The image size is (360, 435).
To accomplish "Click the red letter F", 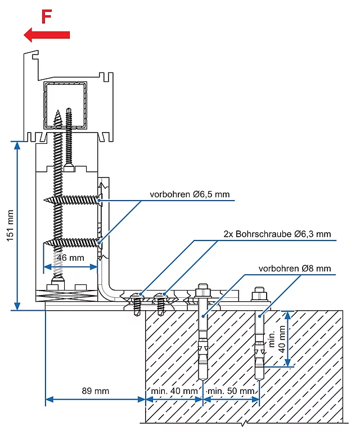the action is pyautogui.click(x=47, y=17).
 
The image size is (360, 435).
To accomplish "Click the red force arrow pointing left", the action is pyautogui.click(x=47, y=35).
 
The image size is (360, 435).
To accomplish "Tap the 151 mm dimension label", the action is pyautogui.click(x=10, y=225).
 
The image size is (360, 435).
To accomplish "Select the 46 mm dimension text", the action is pyautogui.click(x=70, y=258).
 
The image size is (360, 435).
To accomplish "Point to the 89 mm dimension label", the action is pyautogui.click(x=95, y=391).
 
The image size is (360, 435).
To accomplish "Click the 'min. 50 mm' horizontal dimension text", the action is pyautogui.click(x=231, y=391).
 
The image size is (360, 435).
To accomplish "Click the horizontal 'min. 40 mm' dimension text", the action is pyautogui.click(x=174, y=391).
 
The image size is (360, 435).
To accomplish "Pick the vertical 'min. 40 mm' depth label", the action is pyautogui.click(x=277, y=339).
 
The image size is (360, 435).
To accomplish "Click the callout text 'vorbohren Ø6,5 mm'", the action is pyautogui.click(x=190, y=194).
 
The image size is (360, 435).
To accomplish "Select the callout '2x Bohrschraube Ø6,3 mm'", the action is pyautogui.click(x=277, y=234).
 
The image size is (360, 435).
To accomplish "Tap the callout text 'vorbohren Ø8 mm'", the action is pyautogui.click(x=295, y=268).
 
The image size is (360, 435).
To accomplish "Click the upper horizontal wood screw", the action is pyautogui.click(x=73, y=200).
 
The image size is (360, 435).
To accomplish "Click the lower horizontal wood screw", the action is pyautogui.click(x=73, y=242).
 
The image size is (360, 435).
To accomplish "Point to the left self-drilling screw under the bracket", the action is pyautogui.click(x=137, y=304).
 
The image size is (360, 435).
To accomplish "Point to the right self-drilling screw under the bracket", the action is pyautogui.click(x=160, y=304).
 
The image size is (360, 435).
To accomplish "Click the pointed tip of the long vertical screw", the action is pyautogui.click(x=58, y=110).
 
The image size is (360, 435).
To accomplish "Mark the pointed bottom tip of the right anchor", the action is pyautogui.click(x=259, y=380).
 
